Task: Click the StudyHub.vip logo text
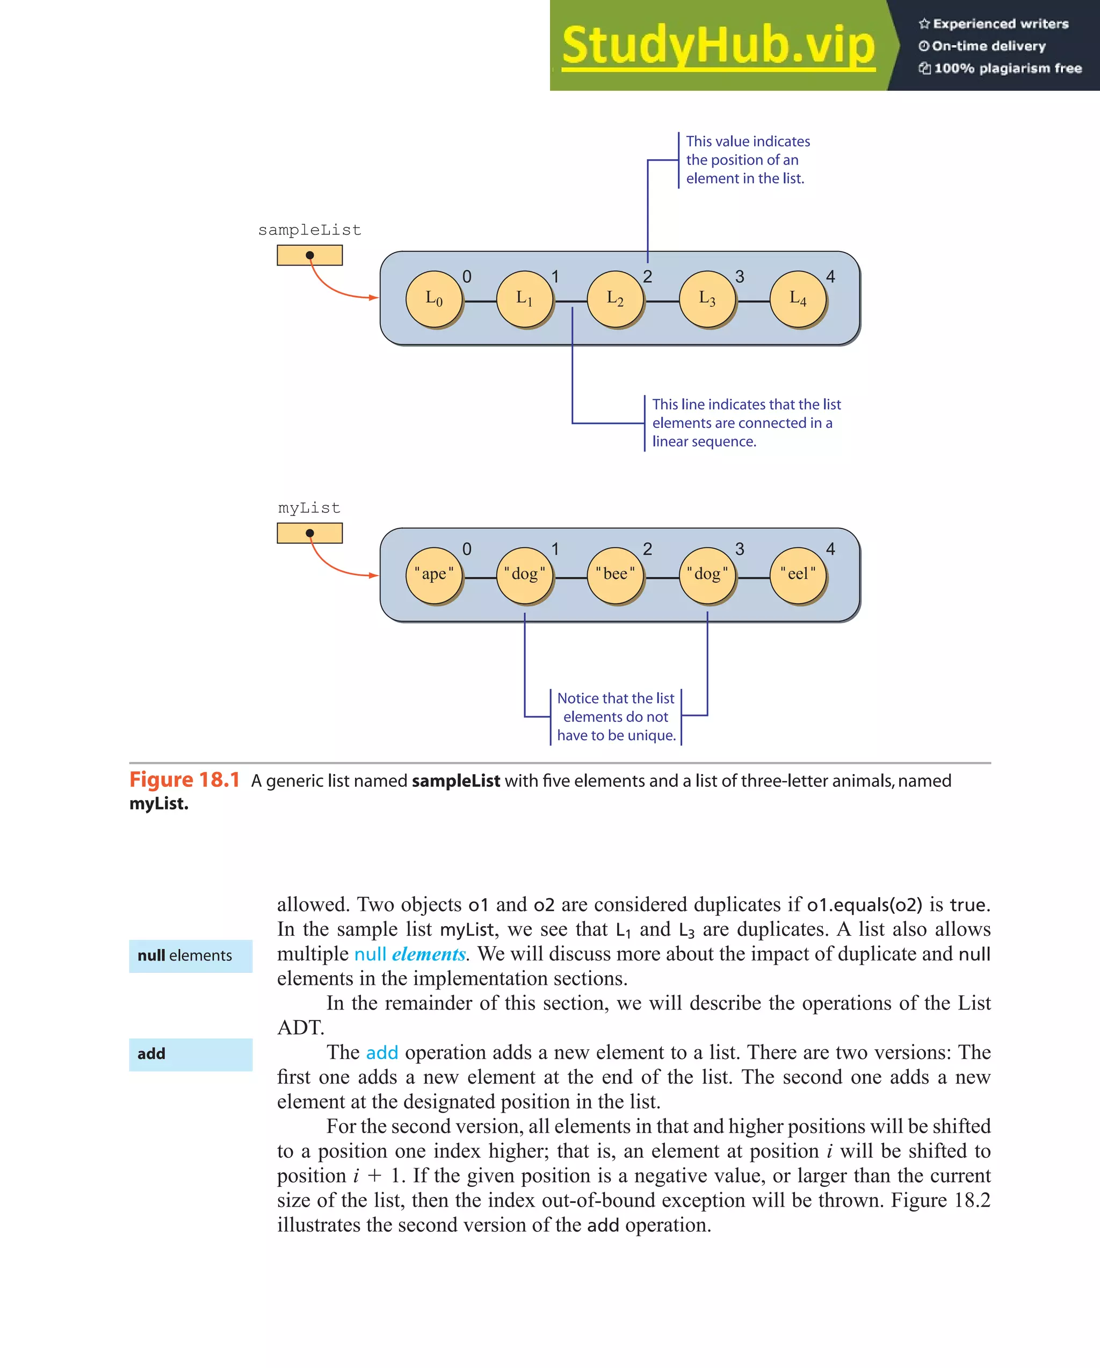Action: point(718,46)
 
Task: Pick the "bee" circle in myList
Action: point(615,575)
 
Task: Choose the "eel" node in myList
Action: point(798,575)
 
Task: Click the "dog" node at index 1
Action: point(524,575)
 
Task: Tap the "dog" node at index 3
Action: point(707,575)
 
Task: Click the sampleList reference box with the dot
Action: point(309,255)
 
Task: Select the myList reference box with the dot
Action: point(309,533)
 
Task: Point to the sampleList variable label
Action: point(309,230)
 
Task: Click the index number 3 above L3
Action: point(739,277)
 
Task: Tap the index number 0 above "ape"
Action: point(467,549)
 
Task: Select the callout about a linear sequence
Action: point(746,422)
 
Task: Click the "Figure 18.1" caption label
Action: point(184,780)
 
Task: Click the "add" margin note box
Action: point(190,1054)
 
